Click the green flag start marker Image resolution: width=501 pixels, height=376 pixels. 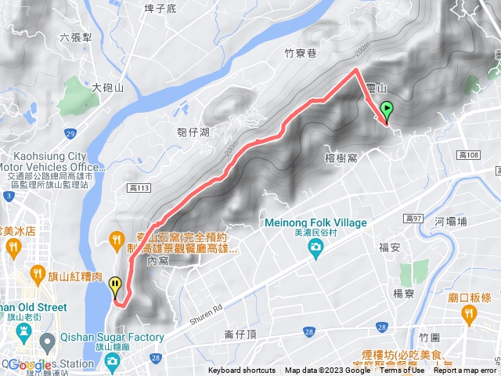pyautogui.click(x=386, y=110)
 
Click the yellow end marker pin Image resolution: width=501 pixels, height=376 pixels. pyautogui.click(x=116, y=284)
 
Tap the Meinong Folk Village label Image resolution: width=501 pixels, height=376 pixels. pyautogui.click(x=315, y=223)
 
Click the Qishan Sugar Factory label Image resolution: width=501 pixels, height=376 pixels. pyautogui.click(x=113, y=338)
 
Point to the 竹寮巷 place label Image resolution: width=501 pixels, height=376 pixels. pyautogui.click(x=301, y=54)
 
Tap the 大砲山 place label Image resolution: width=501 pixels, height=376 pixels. pyautogui.click(x=108, y=88)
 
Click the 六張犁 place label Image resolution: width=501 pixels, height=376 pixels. pyautogui.click(x=75, y=38)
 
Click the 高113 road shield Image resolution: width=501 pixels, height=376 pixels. pyautogui.click(x=139, y=188)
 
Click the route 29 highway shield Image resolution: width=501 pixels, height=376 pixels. pyautogui.click(x=70, y=135)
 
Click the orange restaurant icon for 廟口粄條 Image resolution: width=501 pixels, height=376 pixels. pyautogui.click(x=469, y=313)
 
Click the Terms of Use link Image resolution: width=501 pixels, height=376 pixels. pyautogui.click(x=402, y=371)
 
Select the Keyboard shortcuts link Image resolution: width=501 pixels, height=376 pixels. pyautogui.click(x=242, y=371)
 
